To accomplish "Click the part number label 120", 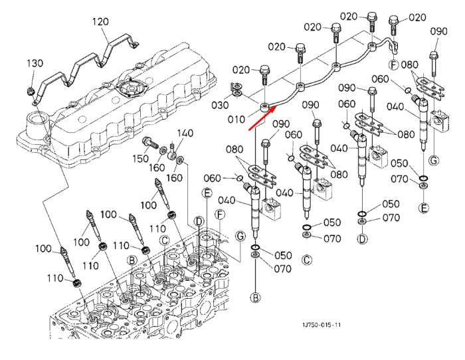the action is tap(100, 22).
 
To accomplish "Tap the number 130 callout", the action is tap(35, 63).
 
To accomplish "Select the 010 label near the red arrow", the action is tap(236, 120).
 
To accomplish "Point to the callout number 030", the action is tap(220, 105).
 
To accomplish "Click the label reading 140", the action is tap(185, 133).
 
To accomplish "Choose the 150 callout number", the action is tap(140, 158).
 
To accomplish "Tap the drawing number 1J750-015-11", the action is tap(322, 325).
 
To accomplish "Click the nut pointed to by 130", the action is tap(31, 92).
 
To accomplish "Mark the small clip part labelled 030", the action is tap(236, 90).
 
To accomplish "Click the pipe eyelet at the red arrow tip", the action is tap(264, 108).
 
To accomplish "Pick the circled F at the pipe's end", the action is tap(393, 64).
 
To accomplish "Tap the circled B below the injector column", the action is tap(255, 297).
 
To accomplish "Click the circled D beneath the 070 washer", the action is tap(362, 238).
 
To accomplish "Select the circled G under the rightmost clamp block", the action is tap(434, 161).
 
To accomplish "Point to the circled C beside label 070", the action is tap(307, 260).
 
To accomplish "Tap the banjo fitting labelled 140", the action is tap(172, 155).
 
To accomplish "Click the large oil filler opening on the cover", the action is tap(38, 121).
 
